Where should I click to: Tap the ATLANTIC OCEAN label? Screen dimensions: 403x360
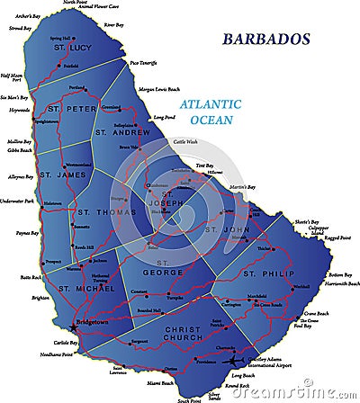[212, 112]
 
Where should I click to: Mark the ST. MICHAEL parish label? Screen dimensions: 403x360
[83, 288]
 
